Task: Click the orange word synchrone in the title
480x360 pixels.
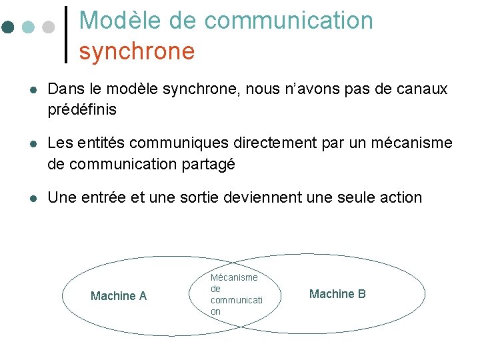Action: pyautogui.click(x=137, y=51)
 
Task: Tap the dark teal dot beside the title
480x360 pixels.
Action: pyautogui.click(x=8, y=27)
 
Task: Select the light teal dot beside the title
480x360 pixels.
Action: pyautogui.click(x=28, y=27)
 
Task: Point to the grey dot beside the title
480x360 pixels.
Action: pyautogui.click(x=47, y=27)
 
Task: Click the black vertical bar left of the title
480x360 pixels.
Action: pyautogui.click(x=65, y=34)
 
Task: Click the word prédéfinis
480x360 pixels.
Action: pyautogui.click(x=82, y=109)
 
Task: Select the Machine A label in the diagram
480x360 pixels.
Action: pyautogui.click(x=119, y=296)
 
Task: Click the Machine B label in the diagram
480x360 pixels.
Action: pyautogui.click(x=337, y=294)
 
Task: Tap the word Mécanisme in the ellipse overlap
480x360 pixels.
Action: pyautogui.click(x=234, y=277)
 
